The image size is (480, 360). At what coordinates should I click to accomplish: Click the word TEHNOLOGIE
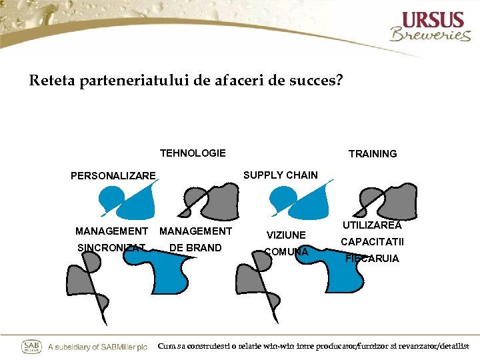click(193, 153)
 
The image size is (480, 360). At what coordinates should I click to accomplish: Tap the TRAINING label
click(373, 154)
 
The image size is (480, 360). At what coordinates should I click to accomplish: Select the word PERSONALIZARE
click(113, 176)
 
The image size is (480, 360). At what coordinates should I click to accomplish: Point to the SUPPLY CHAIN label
click(281, 175)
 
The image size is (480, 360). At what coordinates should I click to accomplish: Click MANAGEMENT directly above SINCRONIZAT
click(111, 231)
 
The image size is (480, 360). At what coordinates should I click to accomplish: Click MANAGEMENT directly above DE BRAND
click(195, 231)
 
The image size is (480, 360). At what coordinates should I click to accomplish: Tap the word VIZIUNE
click(286, 235)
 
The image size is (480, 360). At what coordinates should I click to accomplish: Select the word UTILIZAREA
click(372, 226)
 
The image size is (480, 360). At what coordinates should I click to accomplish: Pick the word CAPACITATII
click(372, 242)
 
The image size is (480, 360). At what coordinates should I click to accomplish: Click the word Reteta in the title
click(53, 81)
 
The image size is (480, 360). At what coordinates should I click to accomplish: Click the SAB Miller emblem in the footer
click(31, 347)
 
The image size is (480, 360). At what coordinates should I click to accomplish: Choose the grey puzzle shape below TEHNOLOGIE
click(215, 201)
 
